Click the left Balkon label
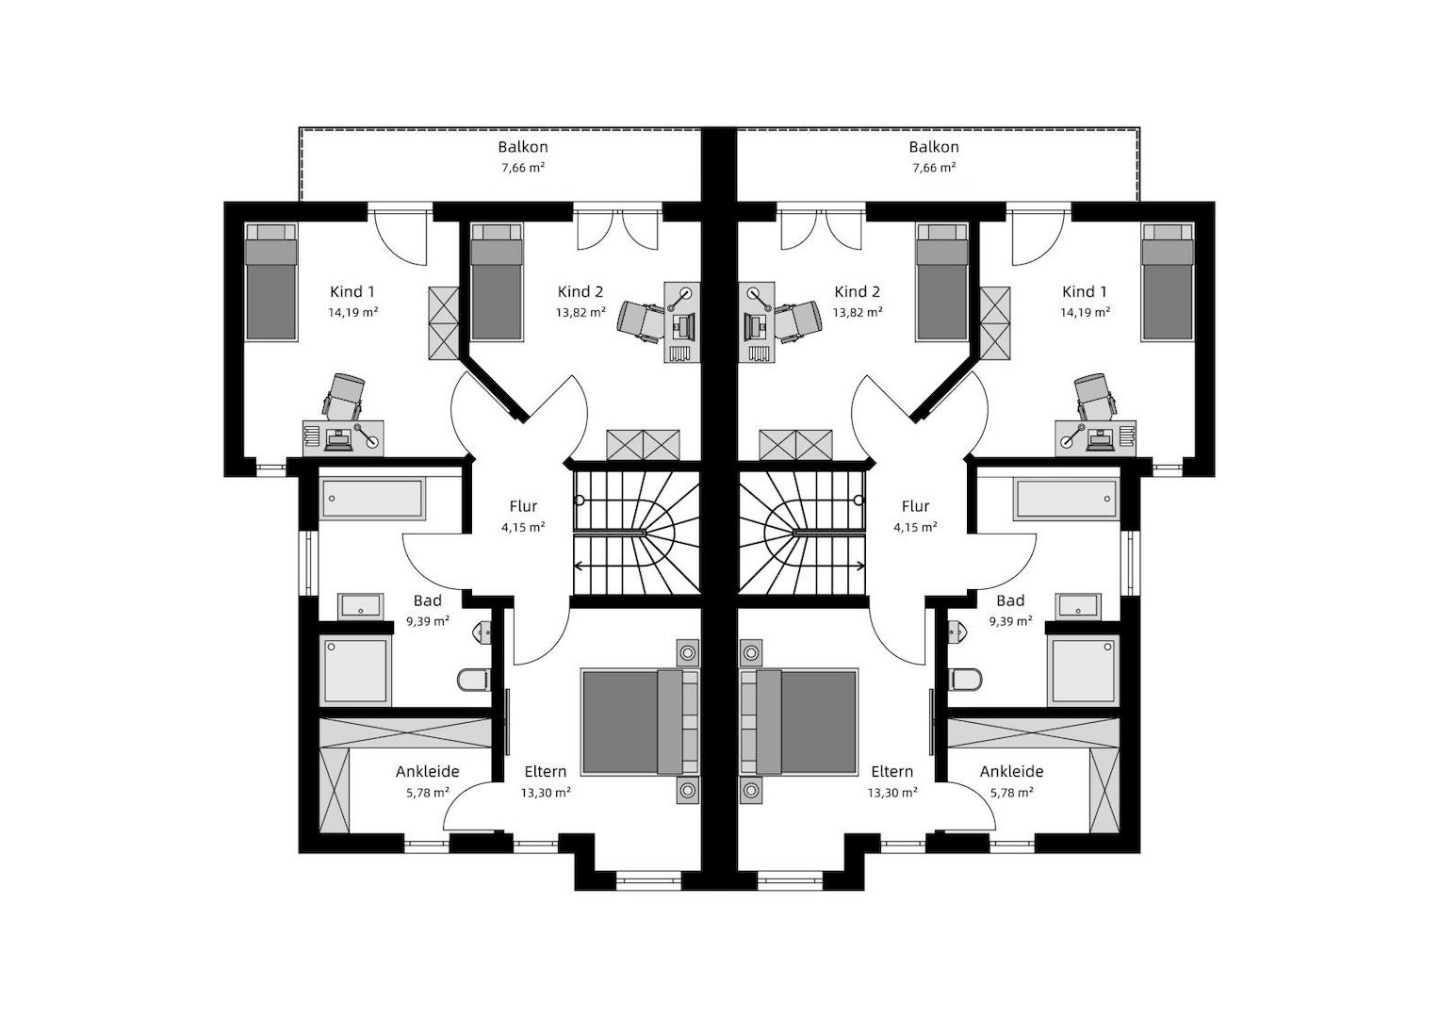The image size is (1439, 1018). coord(523,146)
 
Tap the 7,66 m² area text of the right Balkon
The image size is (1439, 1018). coord(934,168)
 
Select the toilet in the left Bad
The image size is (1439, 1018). coord(474,680)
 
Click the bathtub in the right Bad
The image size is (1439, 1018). coord(1067,499)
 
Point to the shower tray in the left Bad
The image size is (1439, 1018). coord(356,670)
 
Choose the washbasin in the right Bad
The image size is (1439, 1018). coord(1079,606)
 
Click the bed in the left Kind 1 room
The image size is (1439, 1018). coord(271,282)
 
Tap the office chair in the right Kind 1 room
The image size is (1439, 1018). coord(1095,395)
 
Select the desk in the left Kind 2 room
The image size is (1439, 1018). coord(681,321)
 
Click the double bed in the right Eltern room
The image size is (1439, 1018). coord(799,722)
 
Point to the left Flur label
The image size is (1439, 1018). coord(523,506)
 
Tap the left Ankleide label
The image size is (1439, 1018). coord(427,771)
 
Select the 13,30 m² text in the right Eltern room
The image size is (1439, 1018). coord(892,793)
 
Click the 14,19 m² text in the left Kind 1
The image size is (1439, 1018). coord(352,312)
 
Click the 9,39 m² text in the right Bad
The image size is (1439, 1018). coord(1010,621)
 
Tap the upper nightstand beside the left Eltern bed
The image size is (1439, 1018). coord(687,653)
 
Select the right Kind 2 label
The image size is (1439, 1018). coord(857,292)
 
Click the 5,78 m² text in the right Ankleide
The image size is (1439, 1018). coord(1012,793)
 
